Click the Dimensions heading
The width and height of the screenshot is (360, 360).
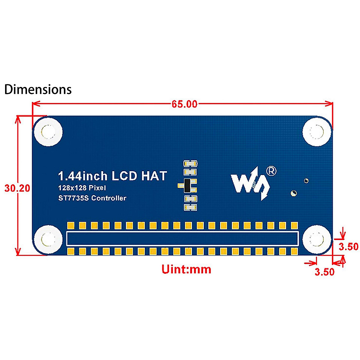(x=38, y=90)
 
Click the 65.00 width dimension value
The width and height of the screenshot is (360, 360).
(x=184, y=104)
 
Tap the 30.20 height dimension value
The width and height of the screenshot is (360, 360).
(x=17, y=188)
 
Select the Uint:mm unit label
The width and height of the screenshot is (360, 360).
(x=186, y=269)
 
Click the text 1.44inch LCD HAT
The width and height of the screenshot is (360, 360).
(x=112, y=176)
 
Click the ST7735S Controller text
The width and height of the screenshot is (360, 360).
(x=92, y=198)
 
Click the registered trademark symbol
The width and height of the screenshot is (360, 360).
(x=271, y=171)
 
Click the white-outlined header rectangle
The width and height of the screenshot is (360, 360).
(x=182, y=238)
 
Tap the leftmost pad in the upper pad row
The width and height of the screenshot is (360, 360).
(x=71, y=225)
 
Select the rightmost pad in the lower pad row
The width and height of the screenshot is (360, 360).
(x=294, y=251)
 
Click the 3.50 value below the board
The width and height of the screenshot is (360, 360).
(x=324, y=272)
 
